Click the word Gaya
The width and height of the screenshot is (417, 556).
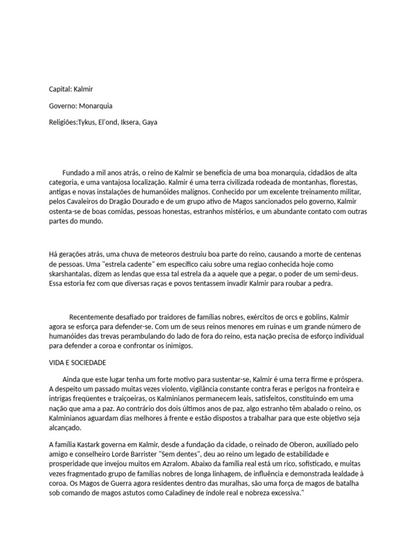tap(149, 123)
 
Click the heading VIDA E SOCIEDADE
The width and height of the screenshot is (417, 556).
tap(77, 362)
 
